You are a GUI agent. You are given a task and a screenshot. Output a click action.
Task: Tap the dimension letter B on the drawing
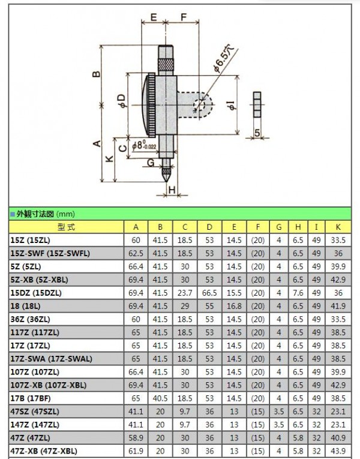pos(95,74)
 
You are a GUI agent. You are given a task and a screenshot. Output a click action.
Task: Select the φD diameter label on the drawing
pos(122,101)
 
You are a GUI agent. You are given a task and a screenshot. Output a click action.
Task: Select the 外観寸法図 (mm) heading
pos(41,213)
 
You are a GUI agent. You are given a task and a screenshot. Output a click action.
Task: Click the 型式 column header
pos(66,227)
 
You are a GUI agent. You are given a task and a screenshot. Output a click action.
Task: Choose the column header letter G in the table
pos(278,227)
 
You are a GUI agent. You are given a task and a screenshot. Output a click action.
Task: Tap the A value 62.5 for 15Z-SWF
pos(136,253)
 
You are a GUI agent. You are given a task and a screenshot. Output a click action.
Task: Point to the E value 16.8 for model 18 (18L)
pos(234,306)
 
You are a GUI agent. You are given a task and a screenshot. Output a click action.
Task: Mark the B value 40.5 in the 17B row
pos(160,398)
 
